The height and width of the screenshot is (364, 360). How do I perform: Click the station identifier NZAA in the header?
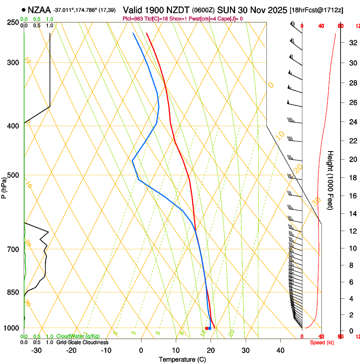39,8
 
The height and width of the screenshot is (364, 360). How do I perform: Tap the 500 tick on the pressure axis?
14,175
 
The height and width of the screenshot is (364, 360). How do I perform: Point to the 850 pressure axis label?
14,292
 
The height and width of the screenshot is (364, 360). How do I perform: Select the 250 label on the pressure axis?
14,22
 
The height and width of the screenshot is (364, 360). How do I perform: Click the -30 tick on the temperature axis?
36,350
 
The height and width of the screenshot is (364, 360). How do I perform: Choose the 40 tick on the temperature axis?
280,350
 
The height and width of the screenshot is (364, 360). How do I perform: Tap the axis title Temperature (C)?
182,359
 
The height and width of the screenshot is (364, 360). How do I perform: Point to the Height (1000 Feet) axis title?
331,180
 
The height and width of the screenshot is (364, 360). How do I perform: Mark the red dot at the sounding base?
207,328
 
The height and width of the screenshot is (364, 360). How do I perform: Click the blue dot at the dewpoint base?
210,328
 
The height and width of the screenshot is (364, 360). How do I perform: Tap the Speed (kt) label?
322,342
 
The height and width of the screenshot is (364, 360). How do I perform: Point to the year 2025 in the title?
277,9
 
